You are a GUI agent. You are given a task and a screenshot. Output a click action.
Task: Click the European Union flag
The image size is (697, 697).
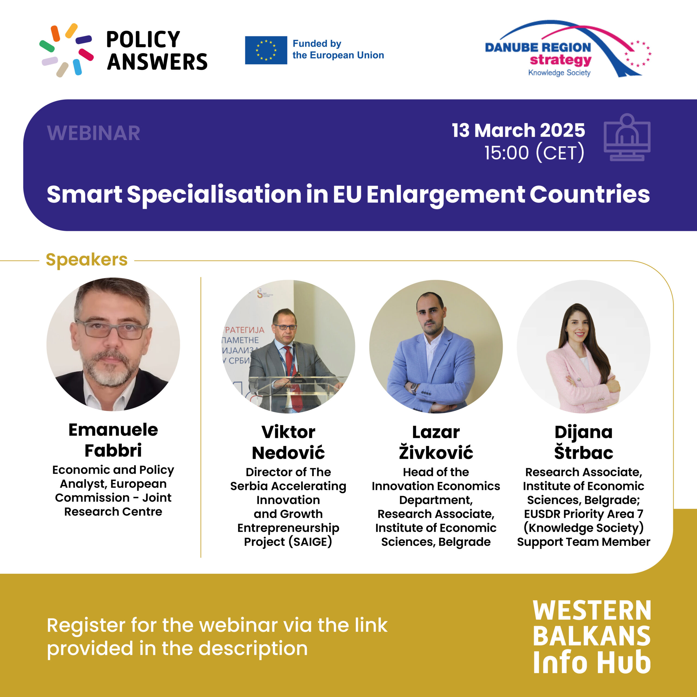click(266, 50)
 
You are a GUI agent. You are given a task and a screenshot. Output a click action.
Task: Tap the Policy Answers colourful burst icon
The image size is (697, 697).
click(66, 50)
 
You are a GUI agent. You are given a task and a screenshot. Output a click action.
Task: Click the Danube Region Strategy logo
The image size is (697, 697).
click(568, 49)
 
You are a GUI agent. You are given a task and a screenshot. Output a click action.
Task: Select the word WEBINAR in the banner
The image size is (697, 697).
click(93, 133)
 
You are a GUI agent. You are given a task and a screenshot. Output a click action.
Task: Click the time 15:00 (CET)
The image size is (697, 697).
click(534, 152)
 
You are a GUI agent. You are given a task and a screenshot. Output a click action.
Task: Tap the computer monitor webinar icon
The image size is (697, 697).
click(627, 137)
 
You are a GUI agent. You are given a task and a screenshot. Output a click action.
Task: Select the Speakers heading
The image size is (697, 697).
click(87, 260)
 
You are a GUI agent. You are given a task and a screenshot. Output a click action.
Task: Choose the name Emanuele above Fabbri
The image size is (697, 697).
click(113, 430)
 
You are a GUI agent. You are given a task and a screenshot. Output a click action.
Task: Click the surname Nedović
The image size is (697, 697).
click(288, 453)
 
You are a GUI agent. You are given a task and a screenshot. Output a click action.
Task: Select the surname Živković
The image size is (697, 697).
click(436, 452)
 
